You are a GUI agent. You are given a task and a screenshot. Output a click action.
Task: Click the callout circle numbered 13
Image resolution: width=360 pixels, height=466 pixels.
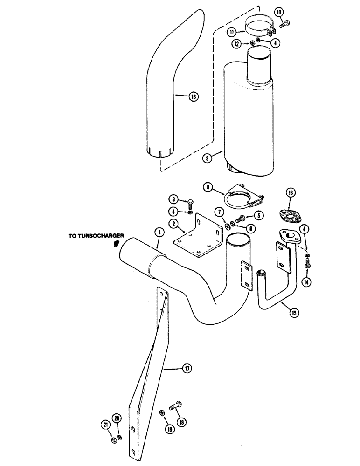tap(193, 97)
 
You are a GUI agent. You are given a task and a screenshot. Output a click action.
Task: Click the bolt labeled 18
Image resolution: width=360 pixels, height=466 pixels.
tap(178, 406)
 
